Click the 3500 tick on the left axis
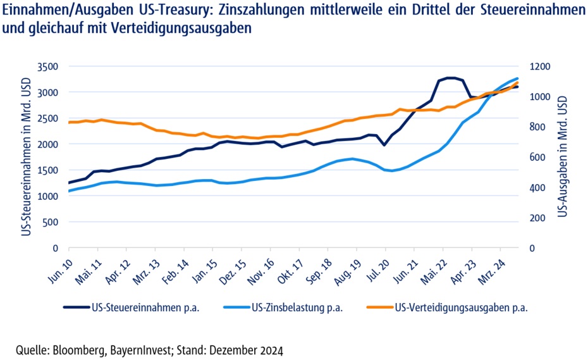(47, 66)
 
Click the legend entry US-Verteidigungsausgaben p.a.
(461, 308)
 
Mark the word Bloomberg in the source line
(79, 350)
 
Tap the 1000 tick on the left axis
(47, 196)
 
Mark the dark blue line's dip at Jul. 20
(384, 145)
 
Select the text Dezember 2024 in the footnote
(253, 350)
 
